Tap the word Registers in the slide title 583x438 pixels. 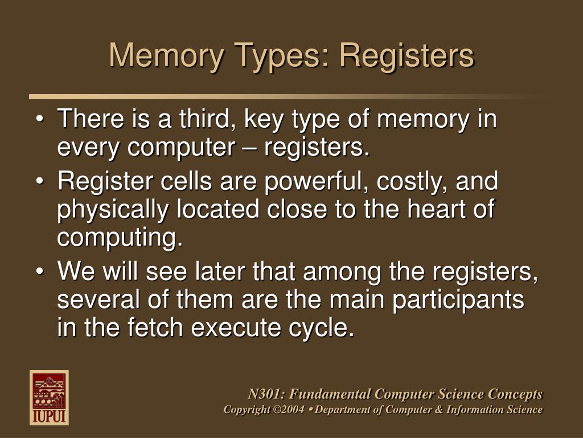[407, 56]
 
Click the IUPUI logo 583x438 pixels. [49, 398]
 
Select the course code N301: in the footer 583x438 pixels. [267, 394]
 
